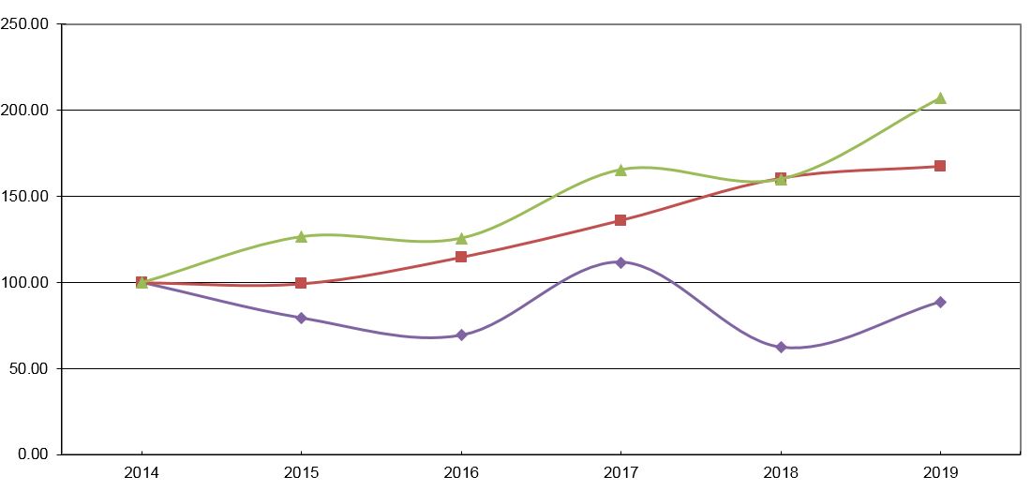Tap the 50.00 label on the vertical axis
tap(32, 369)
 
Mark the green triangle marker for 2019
tap(940, 98)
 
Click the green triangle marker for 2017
tap(620, 170)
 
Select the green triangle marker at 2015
tap(301, 236)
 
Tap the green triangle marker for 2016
tap(461, 238)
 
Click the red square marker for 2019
tap(940, 166)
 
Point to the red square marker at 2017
tap(620, 220)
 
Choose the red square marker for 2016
tap(461, 257)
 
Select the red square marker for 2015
tap(301, 283)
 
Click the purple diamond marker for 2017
tap(620, 262)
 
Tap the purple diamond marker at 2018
tap(781, 347)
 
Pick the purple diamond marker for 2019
tap(940, 302)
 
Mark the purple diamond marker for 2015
tap(301, 318)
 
